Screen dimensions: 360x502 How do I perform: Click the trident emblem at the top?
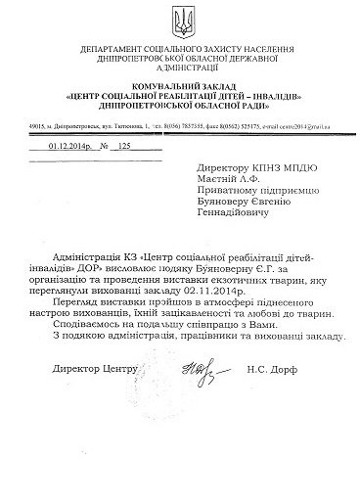point(180,20)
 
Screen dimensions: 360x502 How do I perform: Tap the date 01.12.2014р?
point(64,145)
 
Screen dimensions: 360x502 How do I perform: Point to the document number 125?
point(123,145)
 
